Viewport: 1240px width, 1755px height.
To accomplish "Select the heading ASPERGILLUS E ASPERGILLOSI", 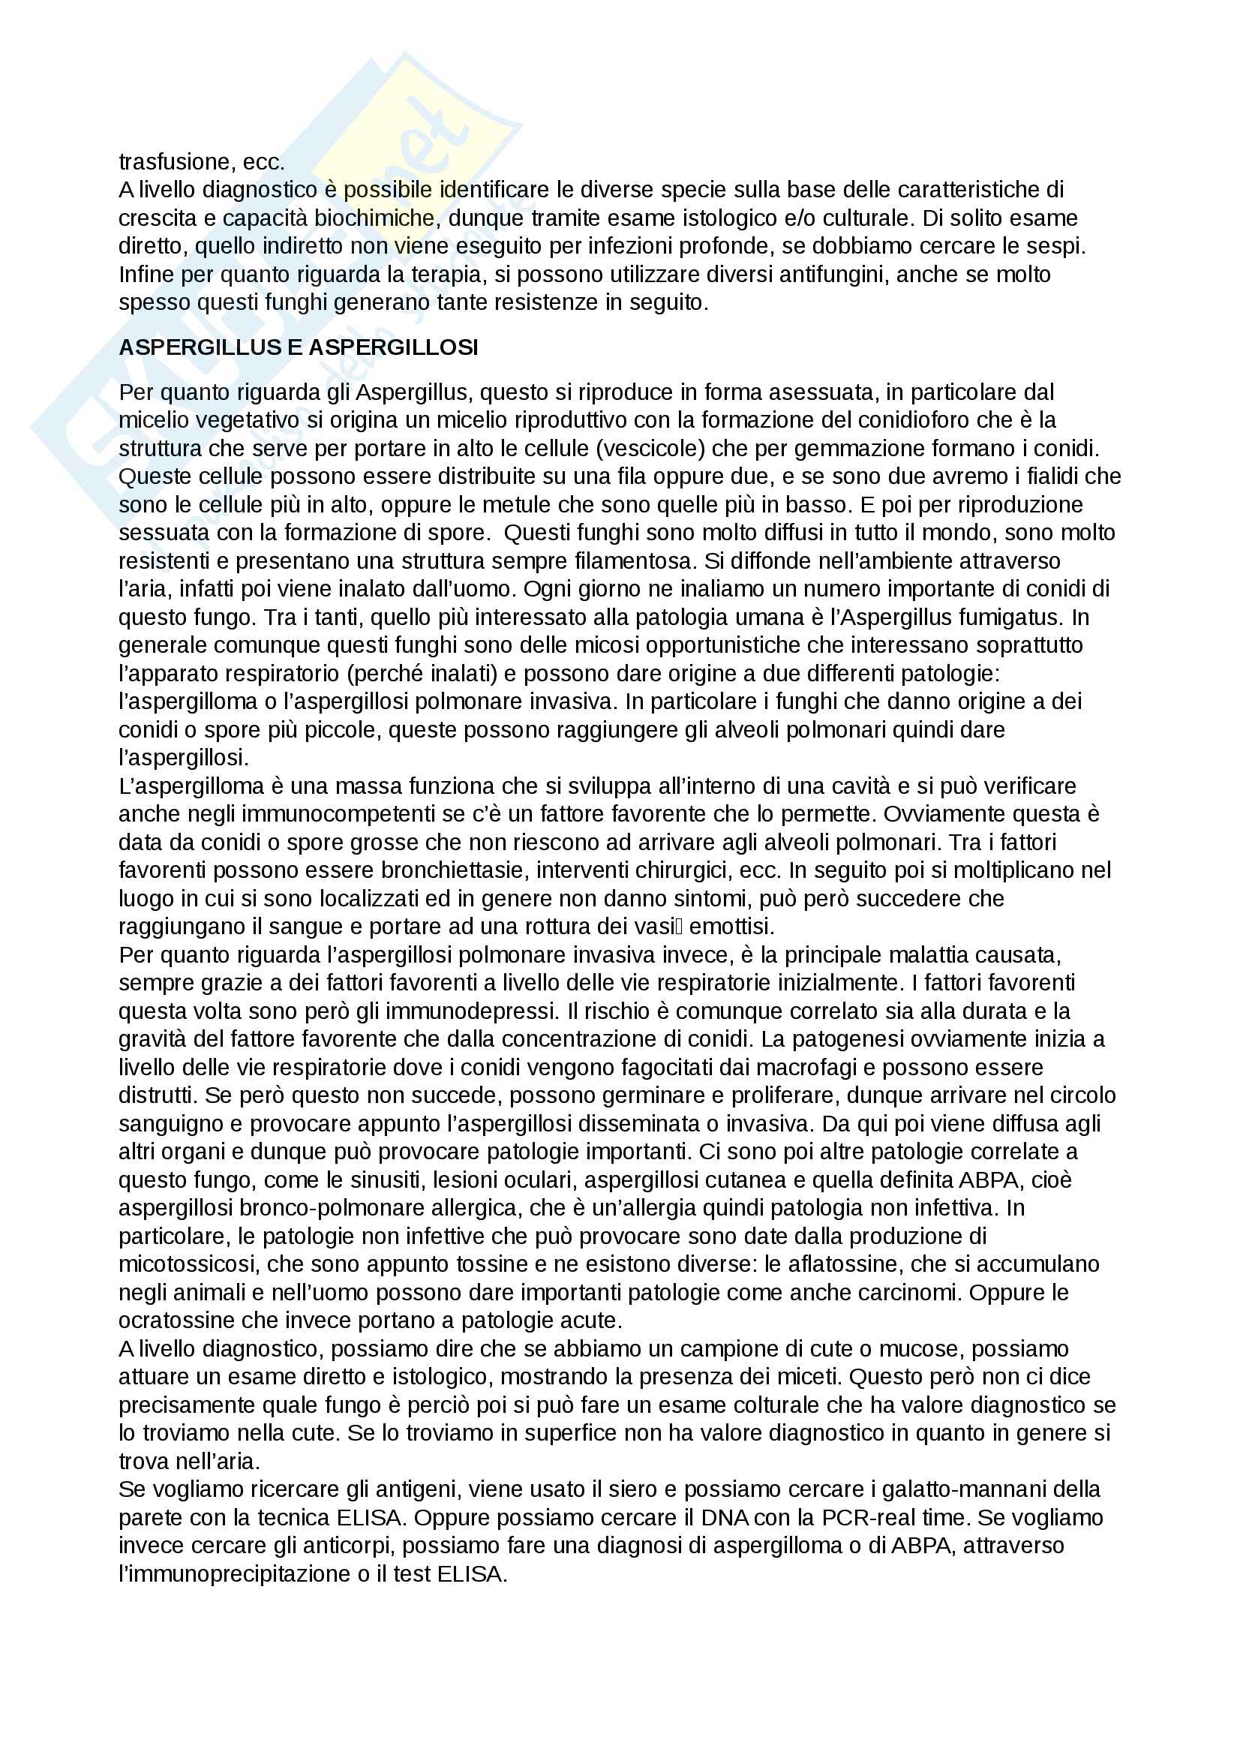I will (x=298, y=348).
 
